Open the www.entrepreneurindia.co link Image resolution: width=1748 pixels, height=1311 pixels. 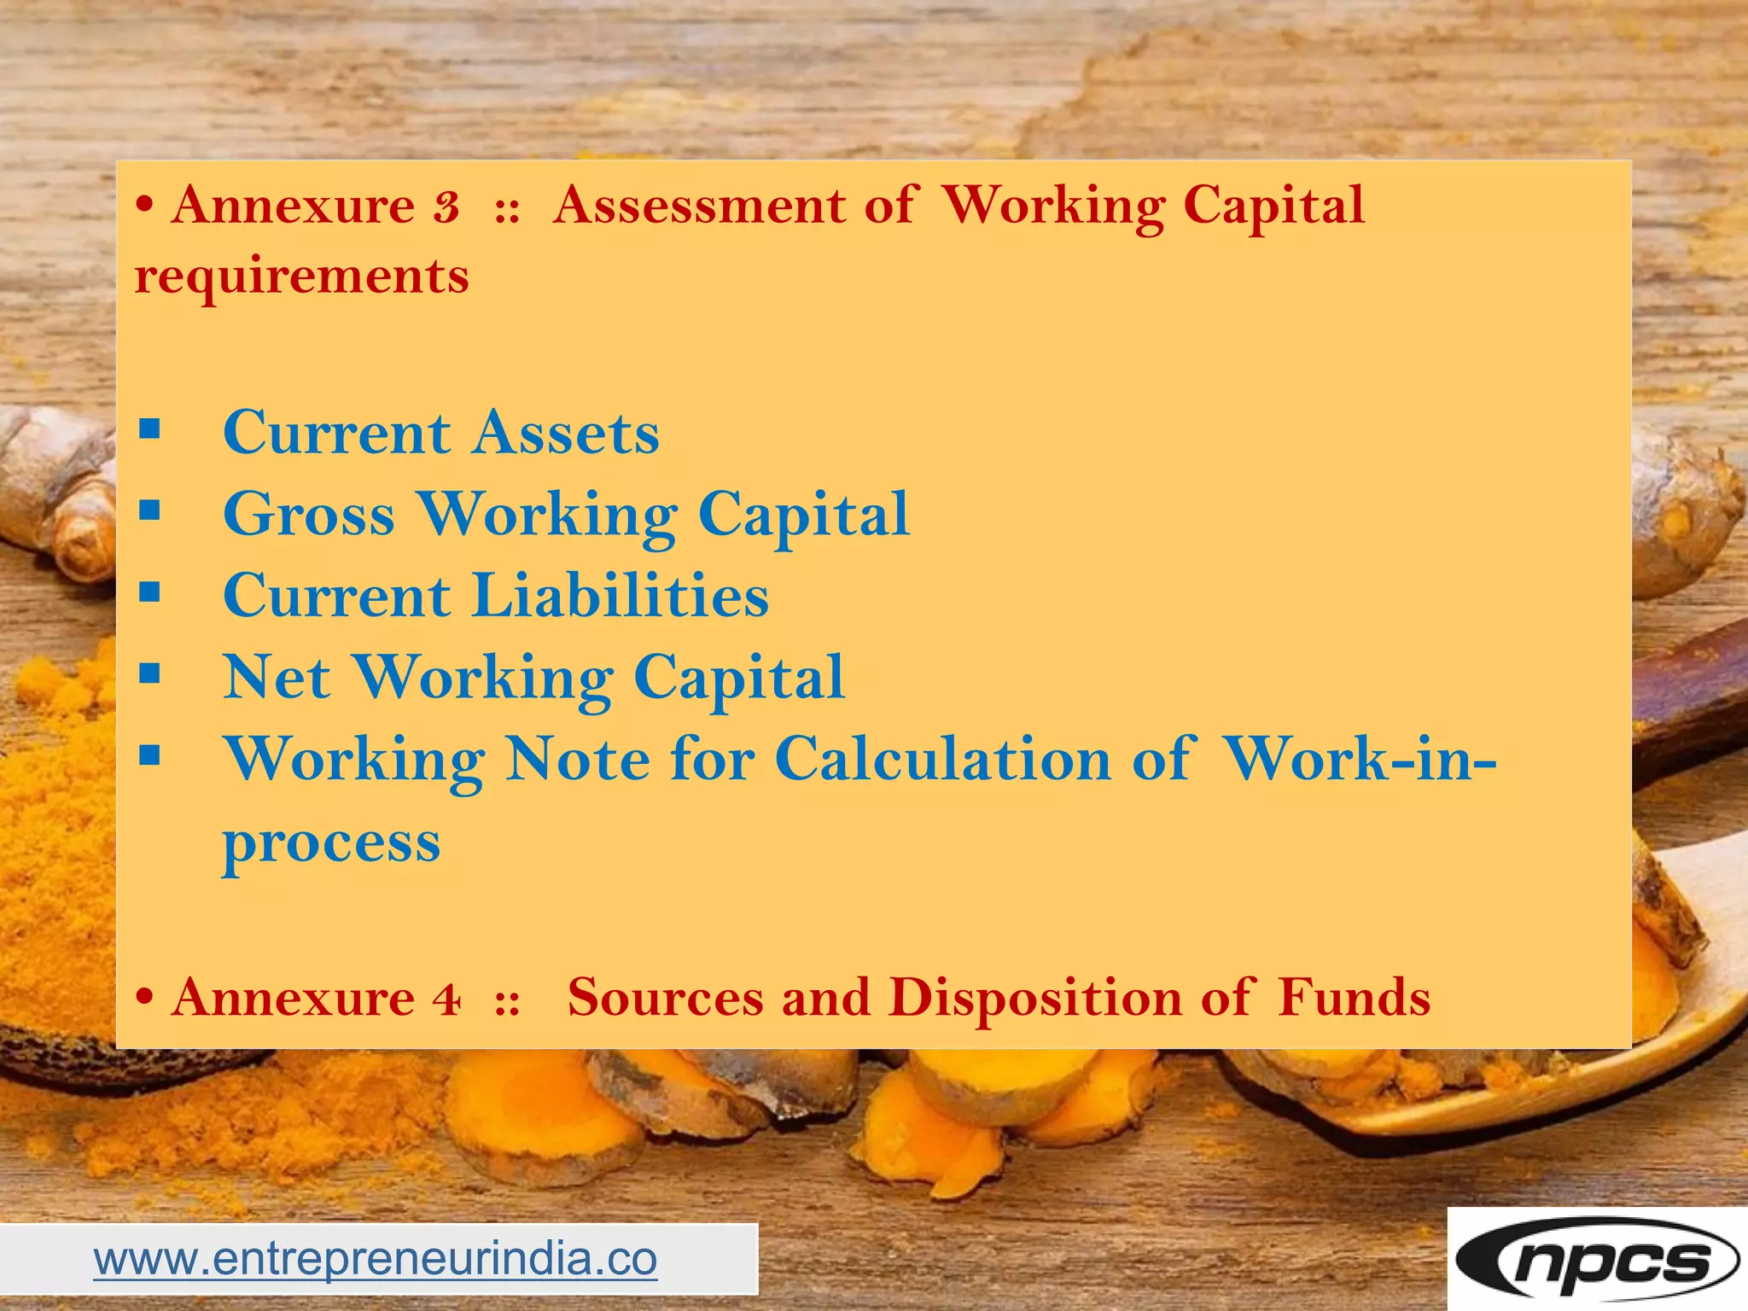[376, 1259]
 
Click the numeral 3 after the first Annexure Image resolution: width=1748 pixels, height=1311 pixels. [446, 207]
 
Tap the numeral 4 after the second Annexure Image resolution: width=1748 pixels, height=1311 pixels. [446, 998]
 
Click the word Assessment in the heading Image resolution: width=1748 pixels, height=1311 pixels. [699, 206]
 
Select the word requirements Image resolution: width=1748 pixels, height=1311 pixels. [302, 277]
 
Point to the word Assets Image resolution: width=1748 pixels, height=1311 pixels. [566, 433]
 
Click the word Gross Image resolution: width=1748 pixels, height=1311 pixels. [309, 515]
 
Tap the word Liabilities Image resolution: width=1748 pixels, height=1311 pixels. [621, 596]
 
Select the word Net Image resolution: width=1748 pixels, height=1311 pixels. [277, 678]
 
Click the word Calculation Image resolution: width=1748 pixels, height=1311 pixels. [942, 759]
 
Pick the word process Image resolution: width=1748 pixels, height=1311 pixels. [331, 843]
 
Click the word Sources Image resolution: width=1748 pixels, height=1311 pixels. [666, 997]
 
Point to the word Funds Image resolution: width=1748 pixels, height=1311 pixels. [1354, 997]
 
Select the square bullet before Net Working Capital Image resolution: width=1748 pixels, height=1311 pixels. [150, 674]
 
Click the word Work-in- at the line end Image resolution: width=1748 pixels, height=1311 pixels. [1360, 758]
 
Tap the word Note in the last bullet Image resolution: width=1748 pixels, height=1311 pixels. [578, 759]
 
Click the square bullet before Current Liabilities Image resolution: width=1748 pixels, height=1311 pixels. [150, 592]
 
